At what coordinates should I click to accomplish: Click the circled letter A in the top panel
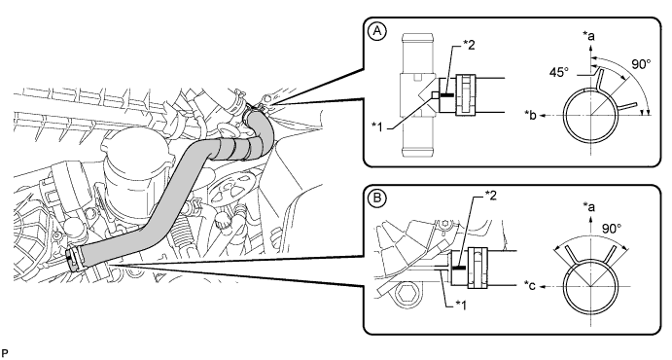point(377,32)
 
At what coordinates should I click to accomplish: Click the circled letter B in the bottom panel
point(377,198)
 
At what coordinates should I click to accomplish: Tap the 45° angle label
point(558,72)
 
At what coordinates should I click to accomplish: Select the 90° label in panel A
point(641,64)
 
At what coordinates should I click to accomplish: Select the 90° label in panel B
point(612,229)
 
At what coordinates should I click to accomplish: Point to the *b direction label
point(531,115)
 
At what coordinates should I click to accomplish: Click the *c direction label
point(530,286)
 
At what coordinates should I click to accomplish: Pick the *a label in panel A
point(588,36)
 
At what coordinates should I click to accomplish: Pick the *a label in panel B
point(588,207)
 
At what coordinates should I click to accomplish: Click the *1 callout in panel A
point(378,126)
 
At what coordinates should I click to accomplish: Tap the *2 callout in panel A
point(469,45)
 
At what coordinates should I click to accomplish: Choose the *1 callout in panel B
point(460,305)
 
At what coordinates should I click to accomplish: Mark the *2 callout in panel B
point(490,197)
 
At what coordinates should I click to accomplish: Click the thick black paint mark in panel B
point(459,268)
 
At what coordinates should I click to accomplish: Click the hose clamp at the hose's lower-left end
point(74,259)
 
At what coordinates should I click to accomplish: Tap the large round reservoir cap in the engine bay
point(134,149)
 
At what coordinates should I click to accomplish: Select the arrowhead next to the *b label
point(542,115)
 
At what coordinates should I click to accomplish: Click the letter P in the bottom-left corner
point(5,353)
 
